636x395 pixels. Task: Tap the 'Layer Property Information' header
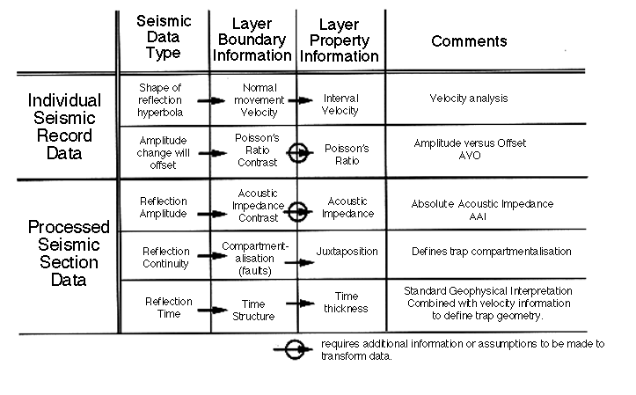339,40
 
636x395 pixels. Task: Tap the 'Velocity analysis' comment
469,99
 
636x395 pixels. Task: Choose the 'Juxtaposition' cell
347,251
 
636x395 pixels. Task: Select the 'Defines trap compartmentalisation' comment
491,251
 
